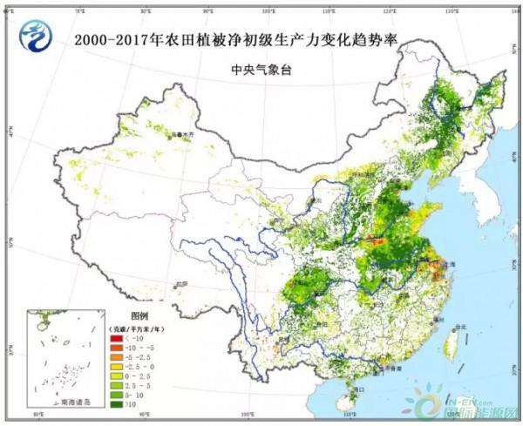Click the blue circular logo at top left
pyautogui.click(x=36, y=34)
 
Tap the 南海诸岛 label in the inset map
pyautogui.click(x=66, y=402)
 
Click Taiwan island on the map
pyautogui.click(x=451, y=345)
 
